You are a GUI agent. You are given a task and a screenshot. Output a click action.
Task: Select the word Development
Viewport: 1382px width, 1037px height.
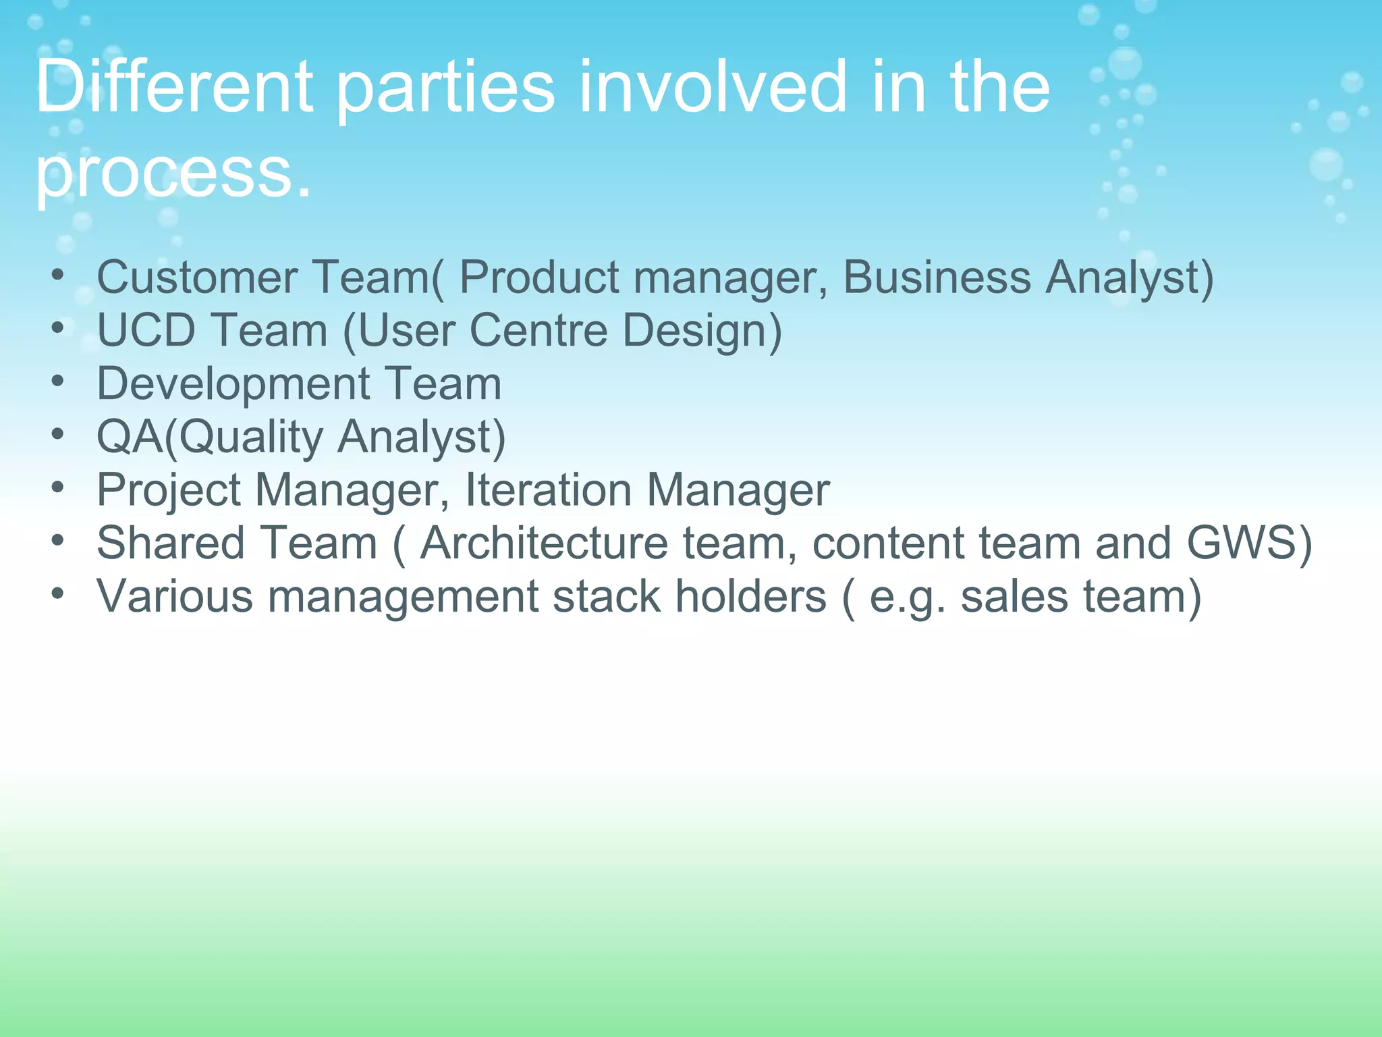pyautogui.click(x=233, y=383)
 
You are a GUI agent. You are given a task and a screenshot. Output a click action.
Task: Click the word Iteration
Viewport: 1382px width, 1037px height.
pyautogui.click(x=548, y=489)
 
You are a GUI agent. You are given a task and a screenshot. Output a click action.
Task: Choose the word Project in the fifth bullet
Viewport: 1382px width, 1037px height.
pyautogui.click(x=169, y=489)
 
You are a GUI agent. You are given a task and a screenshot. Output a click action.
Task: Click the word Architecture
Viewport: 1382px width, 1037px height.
pyautogui.click(x=543, y=543)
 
